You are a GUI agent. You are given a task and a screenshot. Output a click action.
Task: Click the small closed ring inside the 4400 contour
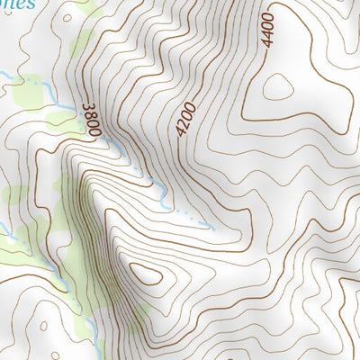(x=277, y=87)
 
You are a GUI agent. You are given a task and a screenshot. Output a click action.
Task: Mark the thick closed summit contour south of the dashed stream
(x=144, y=274)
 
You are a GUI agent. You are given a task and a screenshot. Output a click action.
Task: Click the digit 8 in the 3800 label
(x=91, y=118)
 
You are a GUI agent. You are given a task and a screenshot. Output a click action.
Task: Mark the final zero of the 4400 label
(x=265, y=15)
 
